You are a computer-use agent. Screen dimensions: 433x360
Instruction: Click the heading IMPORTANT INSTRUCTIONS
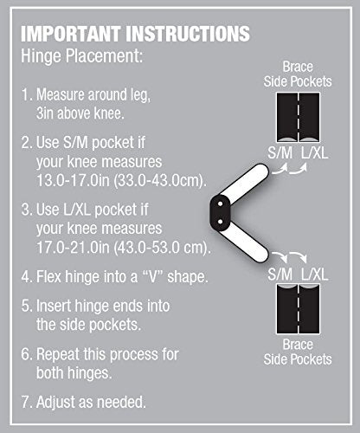tap(135, 34)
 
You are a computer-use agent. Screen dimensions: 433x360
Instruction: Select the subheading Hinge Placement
tap(82, 56)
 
